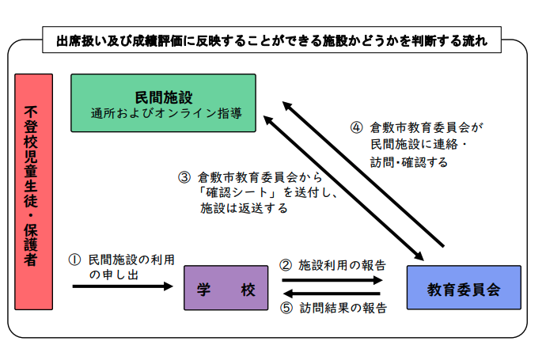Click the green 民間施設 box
tap(163, 102)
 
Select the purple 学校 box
tap(225, 289)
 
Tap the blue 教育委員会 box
tap(464, 288)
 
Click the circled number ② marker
tap(286, 265)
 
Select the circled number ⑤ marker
tap(286, 309)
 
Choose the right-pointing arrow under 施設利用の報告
tap(332, 280)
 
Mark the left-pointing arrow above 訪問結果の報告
tap(332, 294)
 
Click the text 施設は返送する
tap(243, 210)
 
